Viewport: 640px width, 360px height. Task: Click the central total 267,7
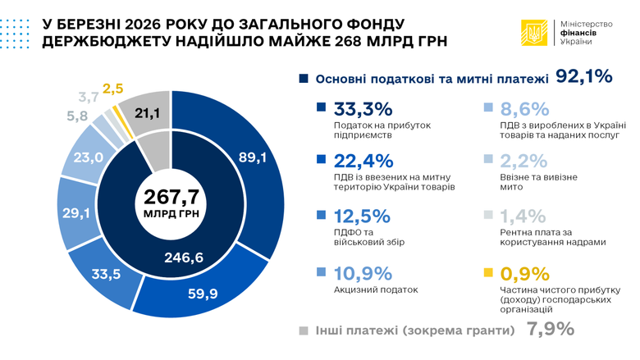tap(171, 196)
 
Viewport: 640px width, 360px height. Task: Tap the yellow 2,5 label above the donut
tap(113, 87)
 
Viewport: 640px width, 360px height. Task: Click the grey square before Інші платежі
tap(304, 330)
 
